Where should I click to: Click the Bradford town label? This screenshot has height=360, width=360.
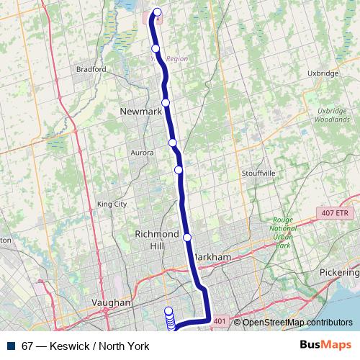91,70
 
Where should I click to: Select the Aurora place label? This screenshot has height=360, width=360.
142,153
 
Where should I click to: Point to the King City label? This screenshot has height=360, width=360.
111,204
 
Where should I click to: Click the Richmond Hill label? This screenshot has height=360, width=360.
156,240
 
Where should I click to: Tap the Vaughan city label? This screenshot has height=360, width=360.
112,303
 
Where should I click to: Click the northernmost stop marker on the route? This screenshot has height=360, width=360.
158,12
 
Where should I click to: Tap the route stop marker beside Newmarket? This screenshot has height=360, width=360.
166,103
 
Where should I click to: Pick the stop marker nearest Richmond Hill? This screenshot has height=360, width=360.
187,238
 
